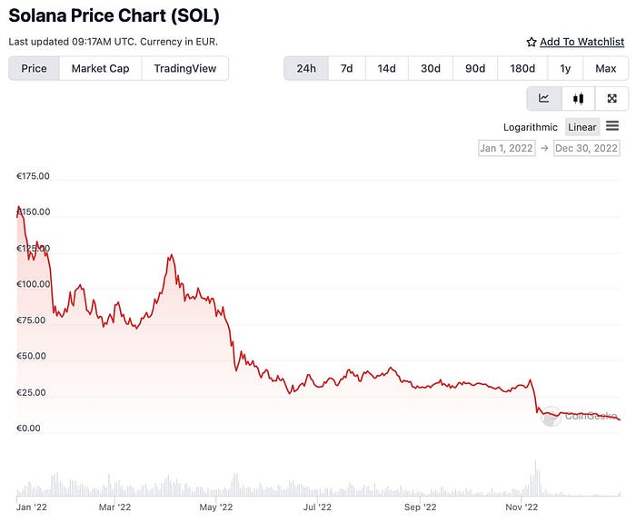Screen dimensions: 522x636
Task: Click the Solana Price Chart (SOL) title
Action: pos(114,15)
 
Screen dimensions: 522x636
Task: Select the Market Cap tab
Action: pos(100,68)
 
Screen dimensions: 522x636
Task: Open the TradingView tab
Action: pos(184,68)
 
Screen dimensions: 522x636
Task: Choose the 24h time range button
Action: pos(306,68)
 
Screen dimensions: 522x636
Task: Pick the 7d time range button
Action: pos(346,68)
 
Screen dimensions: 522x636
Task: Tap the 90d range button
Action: pos(474,68)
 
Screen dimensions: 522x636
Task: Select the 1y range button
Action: pos(565,68)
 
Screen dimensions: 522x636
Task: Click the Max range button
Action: pos(605,68)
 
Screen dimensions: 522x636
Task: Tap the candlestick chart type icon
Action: pos(577,99)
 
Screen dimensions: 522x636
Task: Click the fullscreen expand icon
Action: pos(611,99)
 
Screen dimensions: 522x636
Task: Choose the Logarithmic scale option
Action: pos(531,127)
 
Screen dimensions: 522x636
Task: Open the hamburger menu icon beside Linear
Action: pos(612,126)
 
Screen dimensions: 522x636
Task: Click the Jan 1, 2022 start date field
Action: pos(507,148)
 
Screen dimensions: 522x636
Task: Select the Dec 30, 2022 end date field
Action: pos(587,148)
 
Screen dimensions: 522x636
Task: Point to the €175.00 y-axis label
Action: pos(33,176)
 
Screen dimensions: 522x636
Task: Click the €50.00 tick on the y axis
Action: pos(33,356)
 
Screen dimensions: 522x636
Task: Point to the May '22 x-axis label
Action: pos(215,507)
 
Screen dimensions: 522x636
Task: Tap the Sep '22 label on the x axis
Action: pos(420,507)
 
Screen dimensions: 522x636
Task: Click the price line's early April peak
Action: pos(170,256)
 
